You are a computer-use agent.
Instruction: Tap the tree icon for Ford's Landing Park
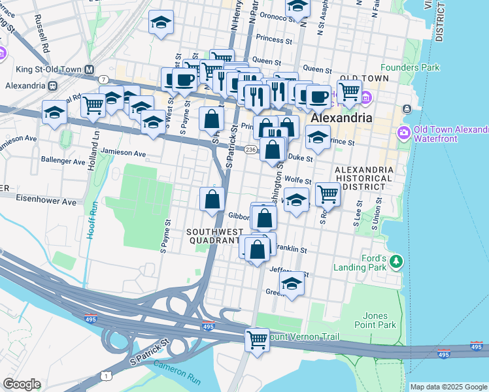395,261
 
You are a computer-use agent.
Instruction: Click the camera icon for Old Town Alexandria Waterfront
403,133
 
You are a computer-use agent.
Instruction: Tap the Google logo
22,384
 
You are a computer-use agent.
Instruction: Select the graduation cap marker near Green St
292,284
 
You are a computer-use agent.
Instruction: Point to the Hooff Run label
93,220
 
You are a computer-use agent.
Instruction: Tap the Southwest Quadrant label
212,236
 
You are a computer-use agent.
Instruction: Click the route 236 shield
250,150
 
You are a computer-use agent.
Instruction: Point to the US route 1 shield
106,374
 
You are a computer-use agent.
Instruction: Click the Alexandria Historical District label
363,178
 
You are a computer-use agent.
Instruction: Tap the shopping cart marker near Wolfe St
328,193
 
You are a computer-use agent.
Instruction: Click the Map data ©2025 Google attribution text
448,387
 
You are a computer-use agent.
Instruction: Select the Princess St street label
274,39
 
